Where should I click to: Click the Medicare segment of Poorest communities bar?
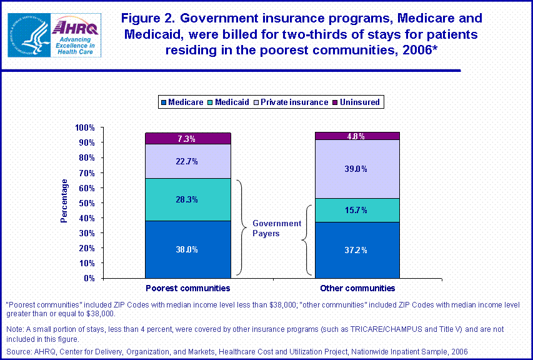(x=187, y=249)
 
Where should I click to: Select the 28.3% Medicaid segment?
(x=187, y=199)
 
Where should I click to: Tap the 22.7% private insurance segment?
(x=187, y=161)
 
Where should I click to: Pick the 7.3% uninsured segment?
(x=187, y=138)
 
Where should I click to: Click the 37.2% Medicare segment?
(x=357, y=250)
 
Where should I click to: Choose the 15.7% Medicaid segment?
(x=357, y=210)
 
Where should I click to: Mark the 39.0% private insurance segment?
(x=357, y=169)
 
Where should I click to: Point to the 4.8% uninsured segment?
(x=357, y=136)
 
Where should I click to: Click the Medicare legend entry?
(x=182, y=102)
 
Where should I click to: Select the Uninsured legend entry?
(x=355, y=102)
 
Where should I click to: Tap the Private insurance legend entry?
(x=292, y=102)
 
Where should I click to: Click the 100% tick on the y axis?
(x=85, y=127)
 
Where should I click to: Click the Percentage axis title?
(x=64, y=201)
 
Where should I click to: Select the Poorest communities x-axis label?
(x=187, y=288)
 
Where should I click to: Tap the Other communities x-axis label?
(x=357, y=288)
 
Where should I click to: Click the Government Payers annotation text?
(x=276, y=228)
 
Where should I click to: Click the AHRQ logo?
(x=73, y=33)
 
